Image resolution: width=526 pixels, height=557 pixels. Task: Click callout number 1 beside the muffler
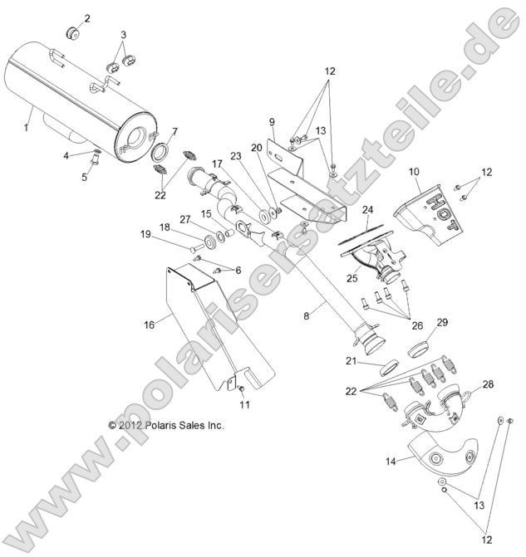pyautogui.click(x=26, y=127)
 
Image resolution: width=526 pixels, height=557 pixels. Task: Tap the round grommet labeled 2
pyautogui.click(x=71, y=32)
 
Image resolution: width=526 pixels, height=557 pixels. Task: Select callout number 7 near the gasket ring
pyautogui.click(x=174, y=132)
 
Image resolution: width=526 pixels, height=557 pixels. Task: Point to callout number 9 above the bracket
pyautogui.click(x=271, y=123)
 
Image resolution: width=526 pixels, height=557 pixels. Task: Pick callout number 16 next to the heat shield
pyautogui.click(x=150, y=325)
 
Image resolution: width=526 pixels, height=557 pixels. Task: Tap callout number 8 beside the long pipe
pyautogui.click(x=307, y=315)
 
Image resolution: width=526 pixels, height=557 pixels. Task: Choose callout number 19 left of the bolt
pyautogui.click(x=145, y=235)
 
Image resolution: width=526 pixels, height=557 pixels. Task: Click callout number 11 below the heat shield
pyautogui.click(x=245, y=404)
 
